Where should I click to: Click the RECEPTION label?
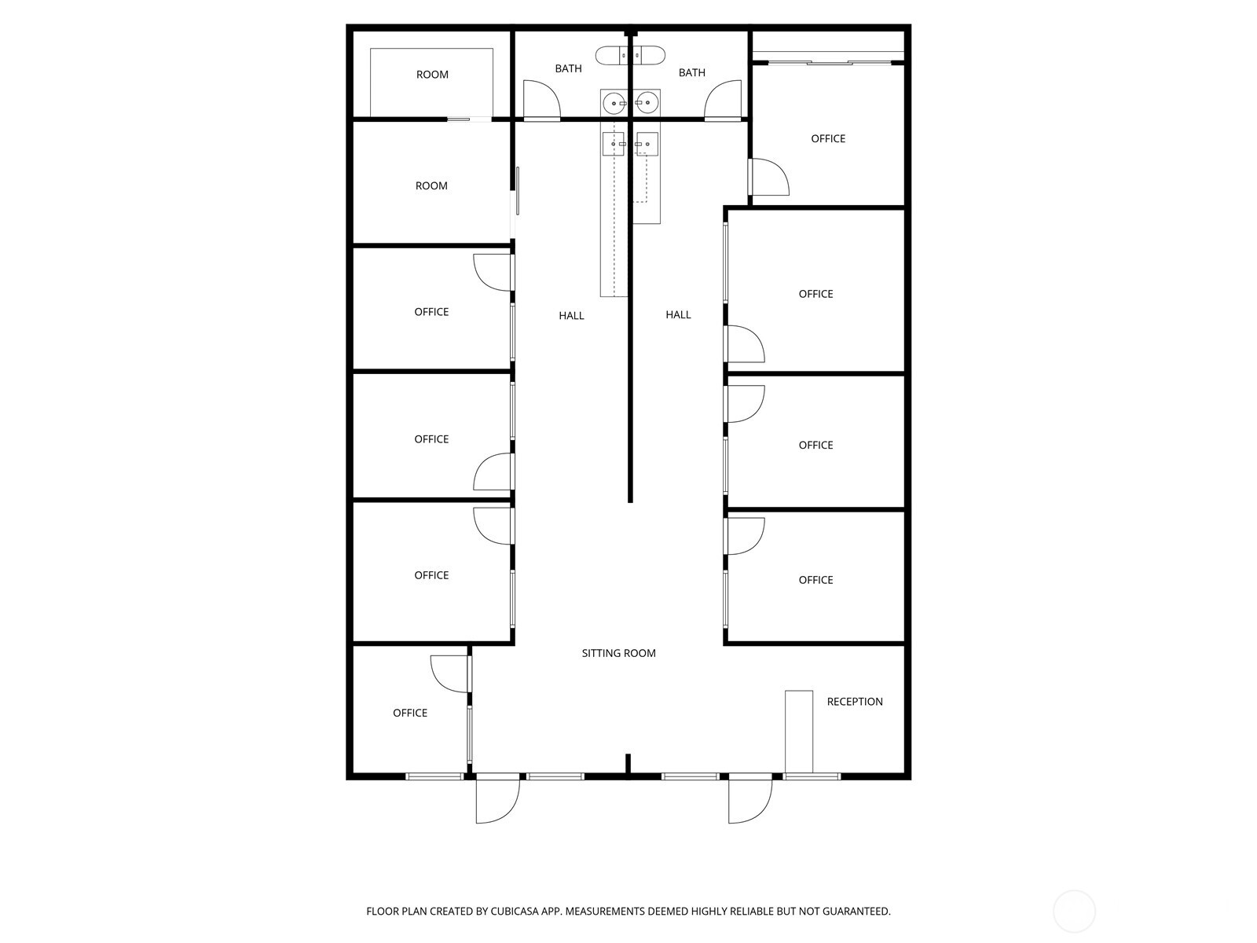[x=854, y=702]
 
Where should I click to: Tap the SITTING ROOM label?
[x=618, y=653]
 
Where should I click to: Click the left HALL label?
[x=571, y=316]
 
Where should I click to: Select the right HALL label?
[x=678, y=315]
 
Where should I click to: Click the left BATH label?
[x=568, y=69]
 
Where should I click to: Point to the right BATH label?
[x=691, y=73]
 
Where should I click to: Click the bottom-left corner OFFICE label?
[x=410, y=714]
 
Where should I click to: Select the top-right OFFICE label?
[x=828, y=139]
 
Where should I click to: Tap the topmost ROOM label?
[x=432, y=75]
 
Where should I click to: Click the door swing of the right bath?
[x=724, y=99]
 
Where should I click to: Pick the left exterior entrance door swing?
[x=497, y=800]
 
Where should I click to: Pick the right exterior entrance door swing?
[x=749, y=800]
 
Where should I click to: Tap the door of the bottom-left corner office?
[x=450, y=674]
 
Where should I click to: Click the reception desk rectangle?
[x=799, y=731]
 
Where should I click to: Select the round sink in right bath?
[x=647, y=102]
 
